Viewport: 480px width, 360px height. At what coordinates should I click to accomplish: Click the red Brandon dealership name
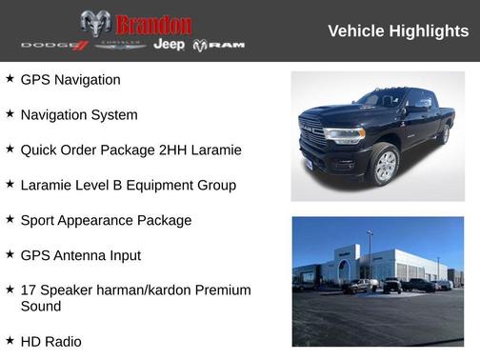153,25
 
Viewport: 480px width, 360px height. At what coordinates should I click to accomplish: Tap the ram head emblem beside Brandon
95,24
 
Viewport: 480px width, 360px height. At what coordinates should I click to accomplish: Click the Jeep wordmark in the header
170,45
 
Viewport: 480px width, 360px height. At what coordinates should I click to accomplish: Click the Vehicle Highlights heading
398,31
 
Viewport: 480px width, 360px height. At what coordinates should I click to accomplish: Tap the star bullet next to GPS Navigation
10,79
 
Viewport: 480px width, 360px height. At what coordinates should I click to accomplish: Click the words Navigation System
79,115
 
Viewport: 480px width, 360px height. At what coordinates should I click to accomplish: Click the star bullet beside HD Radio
10,340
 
